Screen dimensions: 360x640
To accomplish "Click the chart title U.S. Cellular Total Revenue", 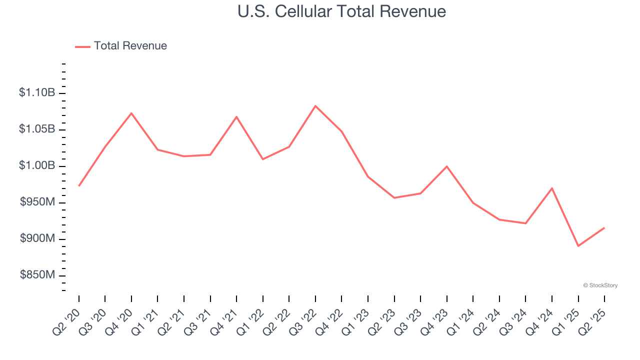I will coord(341,11).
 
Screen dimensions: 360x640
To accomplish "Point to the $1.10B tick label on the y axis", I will coord(37,93).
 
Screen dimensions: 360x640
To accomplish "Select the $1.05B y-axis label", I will coord(37,129).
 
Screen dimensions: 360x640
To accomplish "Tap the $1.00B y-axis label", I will coord(37,166).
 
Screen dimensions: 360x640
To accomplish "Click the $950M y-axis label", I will coord(37,202).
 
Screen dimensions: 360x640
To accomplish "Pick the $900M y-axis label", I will coord(37,239).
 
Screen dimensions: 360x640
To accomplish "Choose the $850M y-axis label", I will coord(37,275).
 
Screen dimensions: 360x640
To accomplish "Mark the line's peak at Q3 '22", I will coord(315,106).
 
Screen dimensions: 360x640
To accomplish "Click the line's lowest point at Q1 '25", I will coord(578,246).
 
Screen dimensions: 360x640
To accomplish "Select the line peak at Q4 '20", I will coord(131,113).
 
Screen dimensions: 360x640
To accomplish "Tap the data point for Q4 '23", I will coord(446,166).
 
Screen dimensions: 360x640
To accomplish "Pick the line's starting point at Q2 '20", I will coord(79,186).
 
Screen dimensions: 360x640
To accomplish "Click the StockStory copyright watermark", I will coord(600,285).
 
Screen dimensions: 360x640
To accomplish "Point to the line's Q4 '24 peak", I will coord(552,188).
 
